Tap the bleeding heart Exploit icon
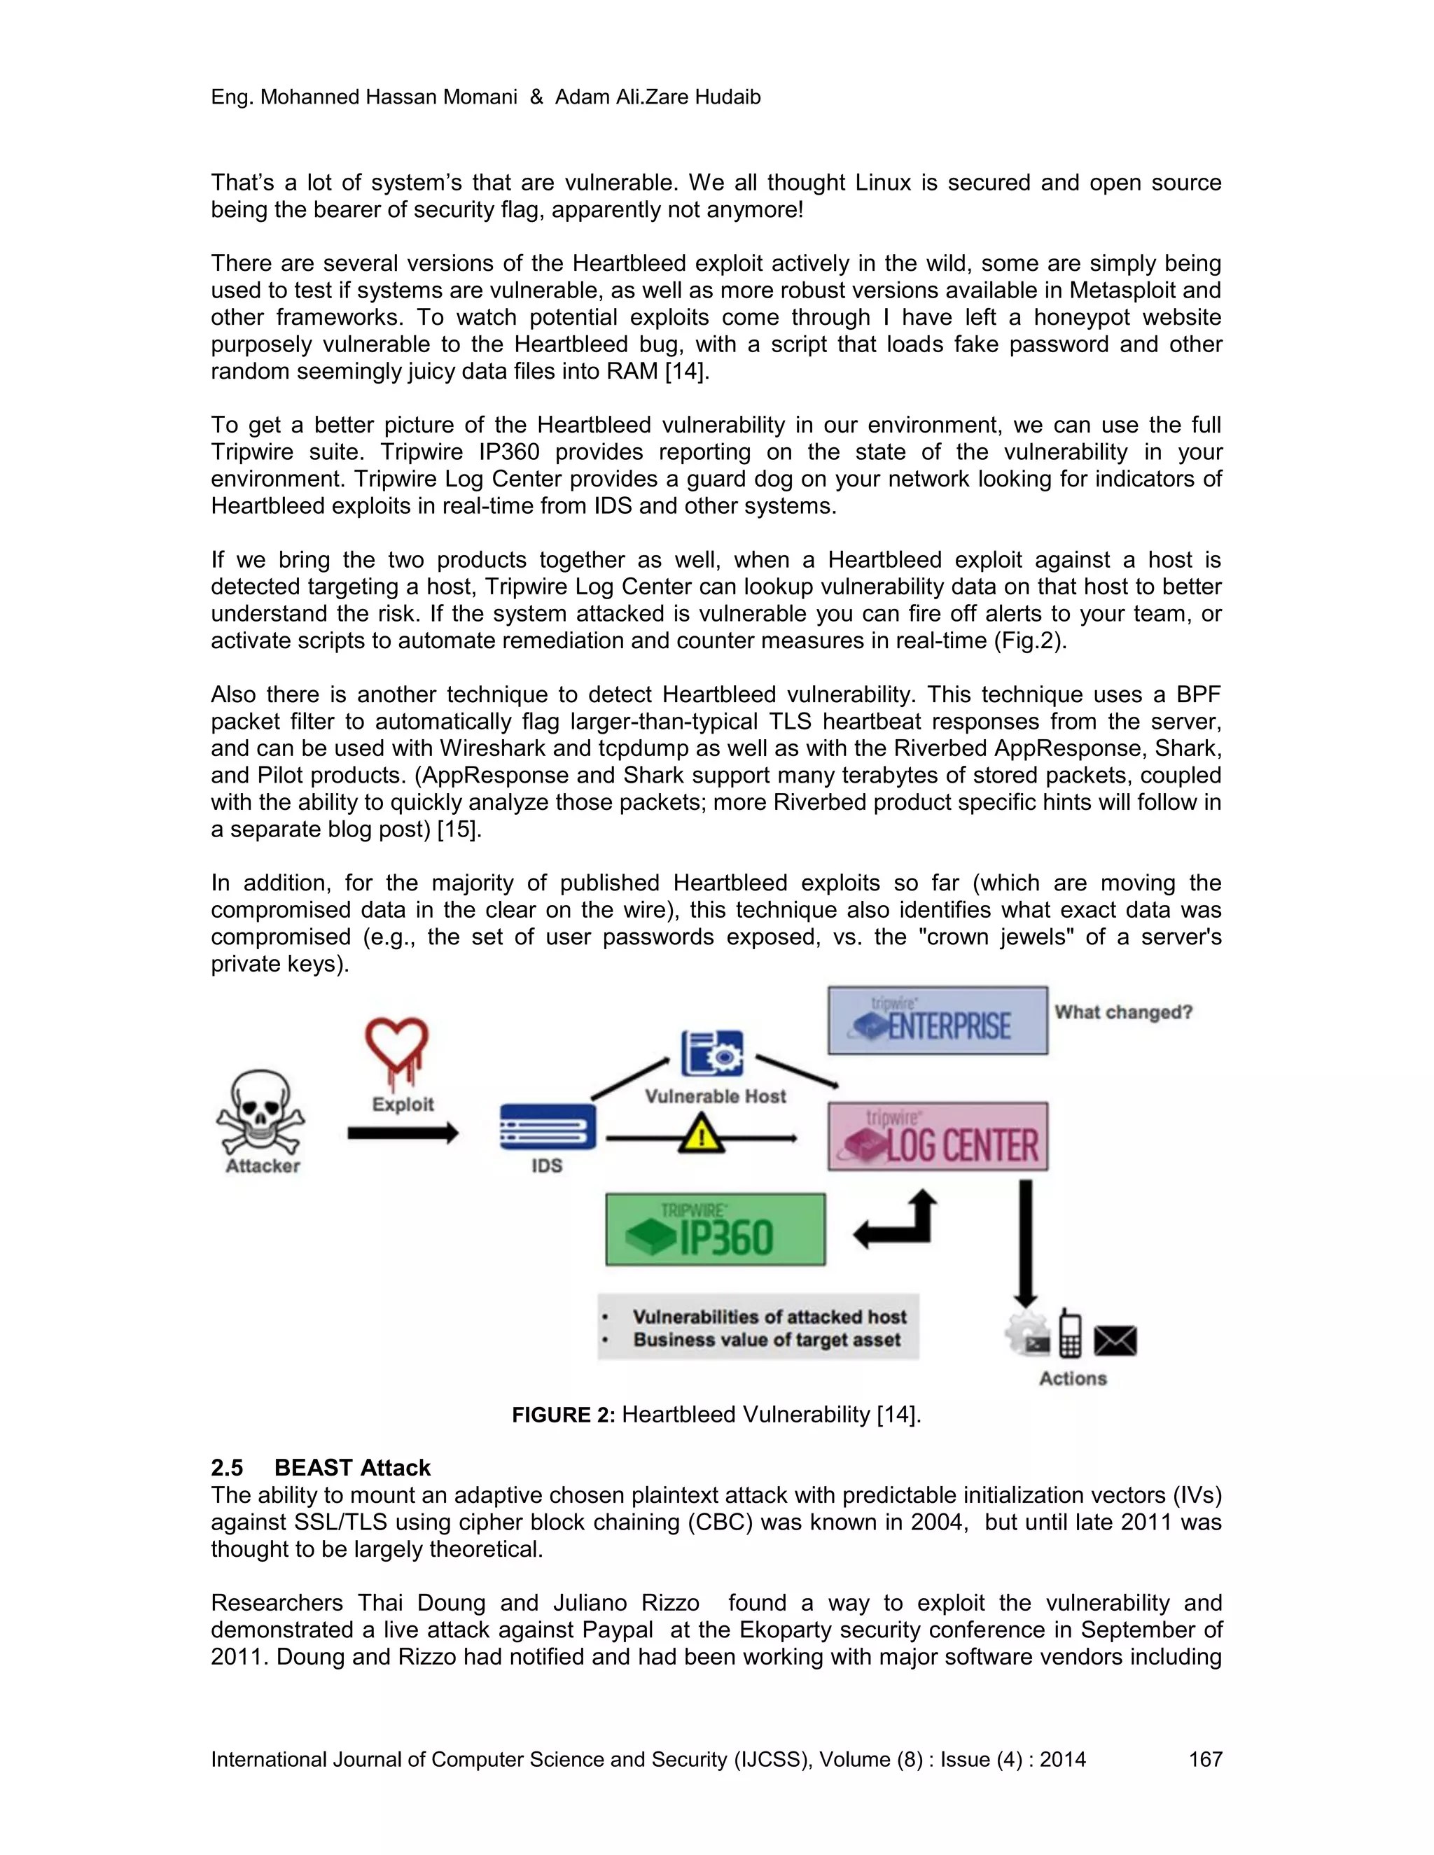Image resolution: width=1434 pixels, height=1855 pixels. click(x=397, y=1052)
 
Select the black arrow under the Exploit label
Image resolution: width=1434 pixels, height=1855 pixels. click(x=403, y=1133)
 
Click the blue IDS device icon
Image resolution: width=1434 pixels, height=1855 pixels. click(x=548, y=1127)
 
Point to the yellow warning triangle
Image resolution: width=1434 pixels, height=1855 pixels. click(x=701, y=1134)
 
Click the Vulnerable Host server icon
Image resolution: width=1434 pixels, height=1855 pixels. click(x=712, y=1053)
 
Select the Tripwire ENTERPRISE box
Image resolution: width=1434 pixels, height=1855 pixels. click(x=938, y=1020)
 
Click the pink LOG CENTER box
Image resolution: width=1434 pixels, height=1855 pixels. click(x=938, y=1136)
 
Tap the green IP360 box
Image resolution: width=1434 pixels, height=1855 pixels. click(x=716, y=1229)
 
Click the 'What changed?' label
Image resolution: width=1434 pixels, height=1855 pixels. click(x=1123, y=1012)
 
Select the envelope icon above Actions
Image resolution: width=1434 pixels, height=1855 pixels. click(x=1115, y=1341)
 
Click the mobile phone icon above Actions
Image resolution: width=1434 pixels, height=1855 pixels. click(x=1071, y=1334)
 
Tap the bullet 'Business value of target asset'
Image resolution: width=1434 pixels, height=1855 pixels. click(x=765, y=1340)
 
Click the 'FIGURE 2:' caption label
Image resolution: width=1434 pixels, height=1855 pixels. click(x=562, y=1415)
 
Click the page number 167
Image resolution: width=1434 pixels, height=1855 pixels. click(x=1204, y=1759)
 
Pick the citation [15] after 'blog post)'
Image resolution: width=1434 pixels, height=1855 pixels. click(x=459, y=829)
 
